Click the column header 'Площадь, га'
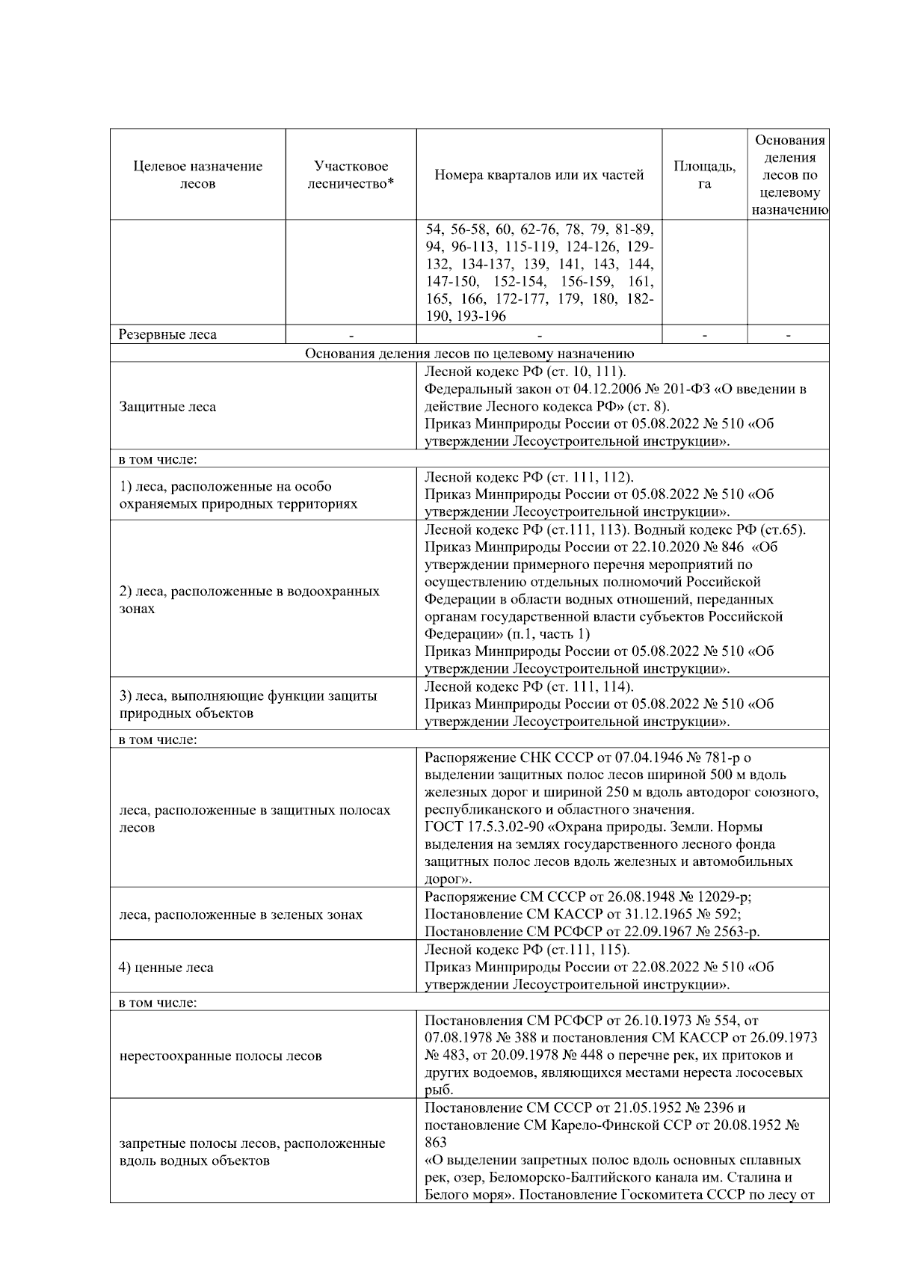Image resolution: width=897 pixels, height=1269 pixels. (x=704, y=175)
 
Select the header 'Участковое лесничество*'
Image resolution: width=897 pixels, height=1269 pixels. (x=351, y=175)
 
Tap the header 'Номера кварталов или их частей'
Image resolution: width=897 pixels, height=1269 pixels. (x=539, y=175)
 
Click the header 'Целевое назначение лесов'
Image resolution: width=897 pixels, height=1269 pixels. (x=198, y=175)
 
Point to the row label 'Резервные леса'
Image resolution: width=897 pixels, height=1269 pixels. (x=168, y=334)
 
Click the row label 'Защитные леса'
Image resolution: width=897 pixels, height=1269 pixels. (x=168, y=407)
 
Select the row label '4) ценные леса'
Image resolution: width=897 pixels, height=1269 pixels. (x=167, y=967)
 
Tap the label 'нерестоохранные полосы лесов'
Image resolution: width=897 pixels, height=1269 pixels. (x=221, y=1056)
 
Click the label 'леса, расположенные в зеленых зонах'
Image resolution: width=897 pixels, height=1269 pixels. (x=241, y=915)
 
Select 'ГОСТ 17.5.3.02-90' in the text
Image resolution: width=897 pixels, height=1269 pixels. (x=475, y=827)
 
